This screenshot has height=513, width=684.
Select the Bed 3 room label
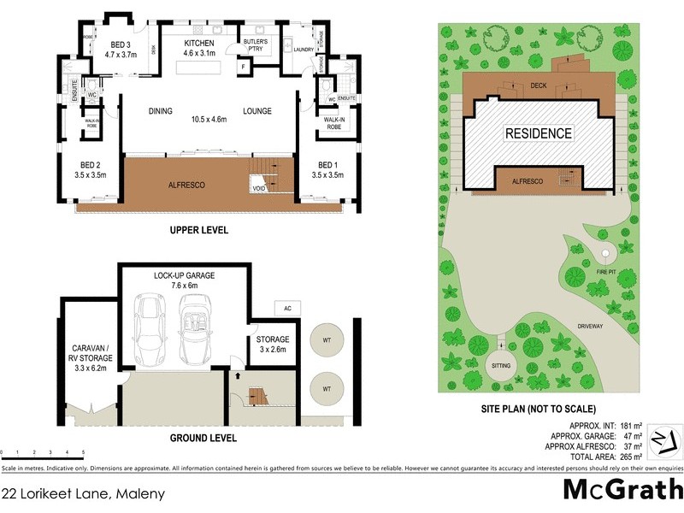pyautogui.click(x=120, y=49)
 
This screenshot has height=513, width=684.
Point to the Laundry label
pyautogui.click(x=304, y=50)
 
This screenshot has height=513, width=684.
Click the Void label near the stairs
pyautogui.click(x=257, y=188)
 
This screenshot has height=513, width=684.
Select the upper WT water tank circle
pyautogui.click(x=327, y=339)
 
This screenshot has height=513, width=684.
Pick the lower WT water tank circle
pyautogui.click(x=327, y=389)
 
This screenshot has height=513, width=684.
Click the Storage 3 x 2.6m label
pyautogui.click(x=273, y=344)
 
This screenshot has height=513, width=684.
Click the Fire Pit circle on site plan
pyautogui.click(x=605, y=255)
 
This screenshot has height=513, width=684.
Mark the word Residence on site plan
pyautogui.click(x=538, y=133)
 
